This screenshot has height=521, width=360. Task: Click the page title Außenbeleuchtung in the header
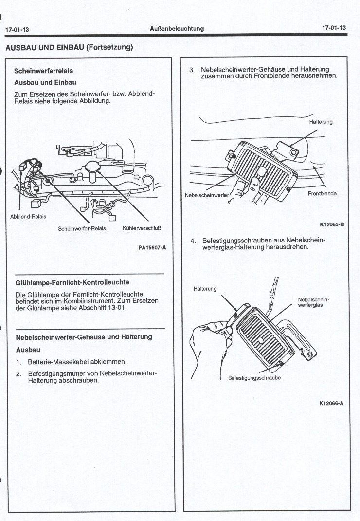(x=177, y=28)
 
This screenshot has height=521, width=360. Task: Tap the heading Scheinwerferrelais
(x=43, y=71)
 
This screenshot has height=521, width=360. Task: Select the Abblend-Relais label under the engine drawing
(x=28, y=217)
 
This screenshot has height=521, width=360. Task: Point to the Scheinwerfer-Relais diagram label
(x=78, y=228)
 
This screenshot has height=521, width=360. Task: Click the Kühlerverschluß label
(x=142, y=228)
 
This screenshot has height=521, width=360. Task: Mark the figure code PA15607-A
(x=152, y=248)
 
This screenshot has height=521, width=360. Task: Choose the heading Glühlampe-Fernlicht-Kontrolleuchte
(x=72, y=282)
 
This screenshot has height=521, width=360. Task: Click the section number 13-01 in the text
(x=117, y=308)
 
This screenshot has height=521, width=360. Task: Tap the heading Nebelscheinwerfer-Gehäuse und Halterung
(x=84, y=337)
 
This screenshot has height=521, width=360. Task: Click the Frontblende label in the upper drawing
(x=322, y=193)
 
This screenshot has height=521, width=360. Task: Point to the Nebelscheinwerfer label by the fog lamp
(x=207, y=196)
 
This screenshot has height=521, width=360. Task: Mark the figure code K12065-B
(x=332, y=224)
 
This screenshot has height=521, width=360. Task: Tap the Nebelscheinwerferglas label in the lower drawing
(x=310, y=302)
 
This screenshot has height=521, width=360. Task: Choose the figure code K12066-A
(x=332, y=402)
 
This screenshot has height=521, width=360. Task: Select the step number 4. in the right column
(x=193, y=241)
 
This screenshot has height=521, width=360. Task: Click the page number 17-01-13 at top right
(x=334, y=28)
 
